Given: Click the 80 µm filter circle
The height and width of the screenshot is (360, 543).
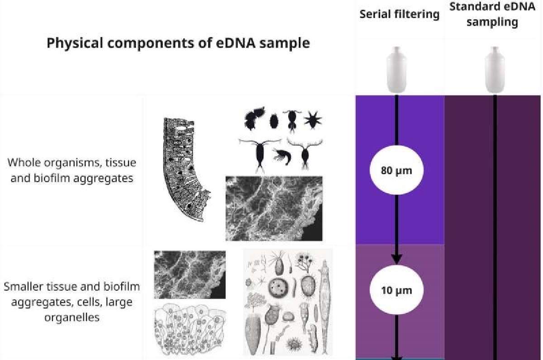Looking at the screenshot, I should [396, 171].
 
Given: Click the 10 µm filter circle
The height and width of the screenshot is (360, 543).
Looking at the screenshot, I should [396, 290].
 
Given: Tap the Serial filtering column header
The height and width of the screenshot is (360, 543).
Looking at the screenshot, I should [399, 14].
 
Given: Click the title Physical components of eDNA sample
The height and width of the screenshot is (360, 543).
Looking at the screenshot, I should [178, 43].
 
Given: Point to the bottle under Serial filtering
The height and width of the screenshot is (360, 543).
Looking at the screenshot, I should [396, 70].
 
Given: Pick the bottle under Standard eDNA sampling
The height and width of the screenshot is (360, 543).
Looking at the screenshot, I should [494, 70].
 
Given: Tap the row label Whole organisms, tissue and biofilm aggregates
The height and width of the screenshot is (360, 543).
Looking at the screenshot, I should [72, 170].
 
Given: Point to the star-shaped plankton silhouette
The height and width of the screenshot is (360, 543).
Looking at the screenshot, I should [311, 120].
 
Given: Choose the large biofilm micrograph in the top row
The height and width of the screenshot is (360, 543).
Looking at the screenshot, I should [274, 208].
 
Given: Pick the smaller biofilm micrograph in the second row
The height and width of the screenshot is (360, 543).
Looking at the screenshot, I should [190, 274].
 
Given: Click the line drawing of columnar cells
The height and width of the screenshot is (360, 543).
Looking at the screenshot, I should [190, 329].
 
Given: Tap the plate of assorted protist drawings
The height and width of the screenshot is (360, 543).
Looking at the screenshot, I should [288, 302].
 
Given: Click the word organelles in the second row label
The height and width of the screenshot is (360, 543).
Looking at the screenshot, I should [72, 317].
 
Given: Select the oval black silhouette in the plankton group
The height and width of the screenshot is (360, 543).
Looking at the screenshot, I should [273, 120].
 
